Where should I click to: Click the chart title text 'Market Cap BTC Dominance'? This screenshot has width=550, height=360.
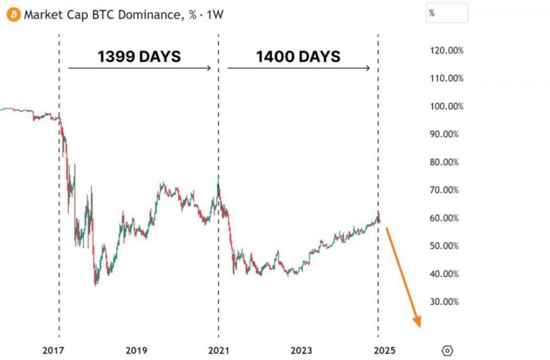(x=102, y=15)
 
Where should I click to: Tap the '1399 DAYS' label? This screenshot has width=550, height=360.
(x=139, y=56)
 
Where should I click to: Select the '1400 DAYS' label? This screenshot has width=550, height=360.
(x=298, y=56)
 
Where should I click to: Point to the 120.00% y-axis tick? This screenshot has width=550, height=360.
(x=446, y=51)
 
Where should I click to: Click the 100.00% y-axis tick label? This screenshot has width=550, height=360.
(x=446, y=106)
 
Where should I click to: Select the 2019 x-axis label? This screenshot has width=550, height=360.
(x=136, y=351)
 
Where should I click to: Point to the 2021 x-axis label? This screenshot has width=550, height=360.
(x=218, y=351)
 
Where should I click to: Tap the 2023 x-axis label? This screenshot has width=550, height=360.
(x=301, y=351)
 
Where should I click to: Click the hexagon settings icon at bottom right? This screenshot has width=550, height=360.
(x=448, y=350)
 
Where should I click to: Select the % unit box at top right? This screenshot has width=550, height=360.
(x=447, y=13)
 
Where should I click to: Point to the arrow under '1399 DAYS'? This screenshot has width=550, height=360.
(x=140, y=68)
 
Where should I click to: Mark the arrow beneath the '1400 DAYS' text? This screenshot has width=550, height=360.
(x=298, y=68)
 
